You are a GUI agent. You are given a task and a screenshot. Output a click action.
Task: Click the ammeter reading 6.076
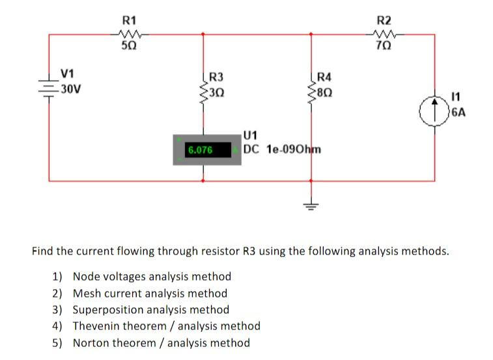[x=200, y=150]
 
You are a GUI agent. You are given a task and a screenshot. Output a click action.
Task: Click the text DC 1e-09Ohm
[x=282, y=148]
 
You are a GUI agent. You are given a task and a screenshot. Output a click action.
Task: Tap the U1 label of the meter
[x=251, y=135]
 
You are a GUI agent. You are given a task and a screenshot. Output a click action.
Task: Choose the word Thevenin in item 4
[x=94, y=325]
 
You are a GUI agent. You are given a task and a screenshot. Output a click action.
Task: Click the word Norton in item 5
[x=91, y=342]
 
